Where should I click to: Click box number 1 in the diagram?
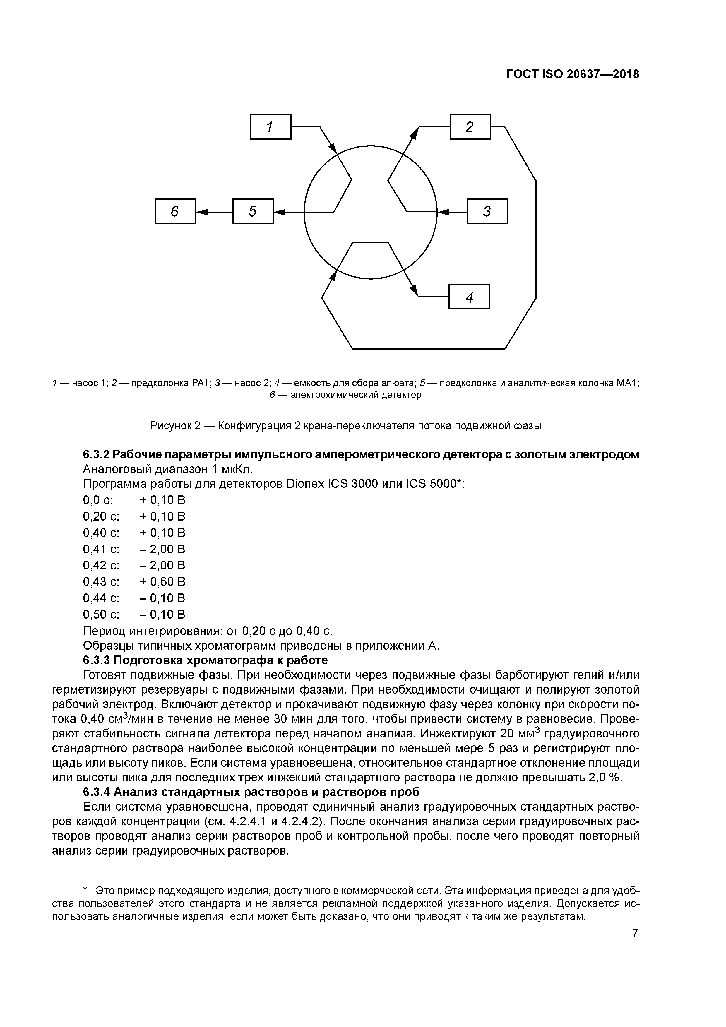pyautogui.click(x=270, y=127)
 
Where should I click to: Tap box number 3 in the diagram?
pyautogui.click(x=487, y=211)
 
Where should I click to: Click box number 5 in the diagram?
pyautogui.click(x=253, y=211)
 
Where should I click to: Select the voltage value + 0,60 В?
pyautogui.click(x=162, y=581)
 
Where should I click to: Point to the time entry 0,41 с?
pyautogui.click(x=101, y=549)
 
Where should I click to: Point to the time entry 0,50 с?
pyautogui.click(x=101, y=614)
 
